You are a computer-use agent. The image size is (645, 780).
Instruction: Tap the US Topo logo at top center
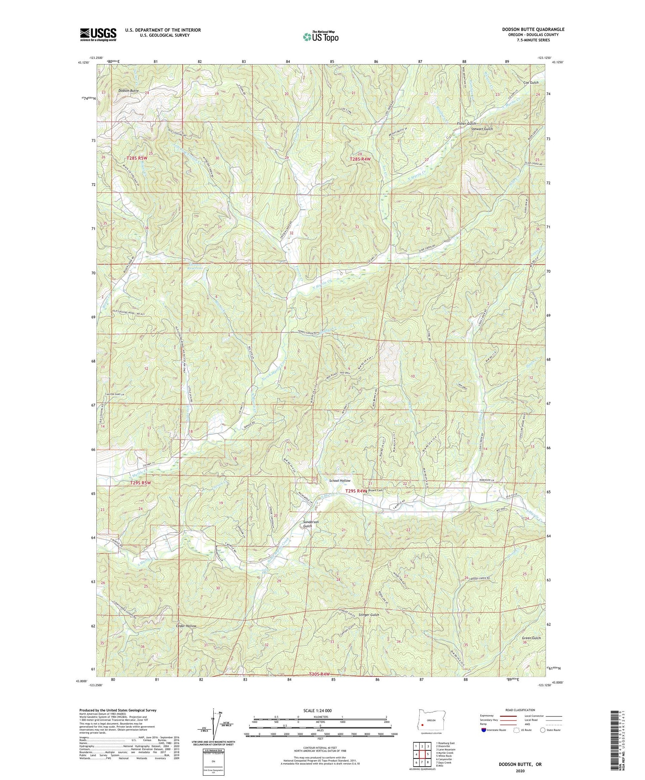tap(321, 37)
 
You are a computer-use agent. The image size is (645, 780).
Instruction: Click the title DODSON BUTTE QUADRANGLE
tap(533, 29)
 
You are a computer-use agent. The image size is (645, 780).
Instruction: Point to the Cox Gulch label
tap(531, 82)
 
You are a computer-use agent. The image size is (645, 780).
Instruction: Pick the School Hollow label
tap(340, 481)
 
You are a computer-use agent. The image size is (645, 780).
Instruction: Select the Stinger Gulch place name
tap(369, 615)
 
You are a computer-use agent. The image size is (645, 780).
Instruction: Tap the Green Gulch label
tap(531, 638)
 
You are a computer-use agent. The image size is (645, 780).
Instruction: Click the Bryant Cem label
tap(375, 490)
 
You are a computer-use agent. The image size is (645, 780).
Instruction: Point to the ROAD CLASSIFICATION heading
tap(520, 710)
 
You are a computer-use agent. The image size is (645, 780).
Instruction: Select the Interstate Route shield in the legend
tap(484, 730)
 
